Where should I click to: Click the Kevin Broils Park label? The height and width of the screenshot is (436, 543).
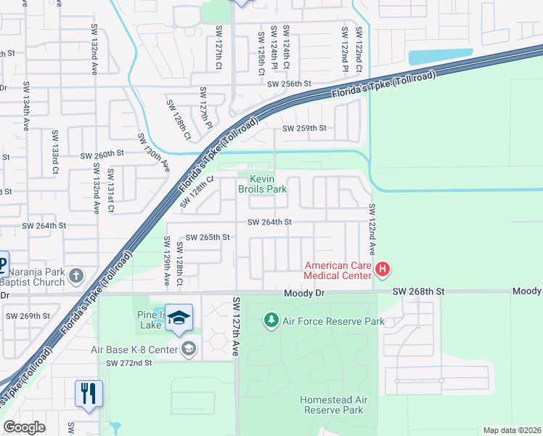(263, 184)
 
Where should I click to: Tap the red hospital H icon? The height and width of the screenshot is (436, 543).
(383, 270)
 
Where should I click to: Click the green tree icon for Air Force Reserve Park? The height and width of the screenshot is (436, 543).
(271, 320)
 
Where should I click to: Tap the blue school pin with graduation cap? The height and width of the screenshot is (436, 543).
(179, 319)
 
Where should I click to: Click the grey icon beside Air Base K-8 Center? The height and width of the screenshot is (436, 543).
(189, 350)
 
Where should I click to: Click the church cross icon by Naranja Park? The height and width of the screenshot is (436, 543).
(78, 275)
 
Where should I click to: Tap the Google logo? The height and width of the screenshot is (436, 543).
(24, 427)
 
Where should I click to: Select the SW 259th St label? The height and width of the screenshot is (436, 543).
(304, 128)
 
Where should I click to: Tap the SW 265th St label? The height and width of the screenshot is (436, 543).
(208, 237)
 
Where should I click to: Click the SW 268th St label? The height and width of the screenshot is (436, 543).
(417, 291)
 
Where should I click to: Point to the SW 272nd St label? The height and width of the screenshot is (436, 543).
(129, 363)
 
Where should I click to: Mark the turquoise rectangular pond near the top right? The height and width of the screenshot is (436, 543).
(438, 57)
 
